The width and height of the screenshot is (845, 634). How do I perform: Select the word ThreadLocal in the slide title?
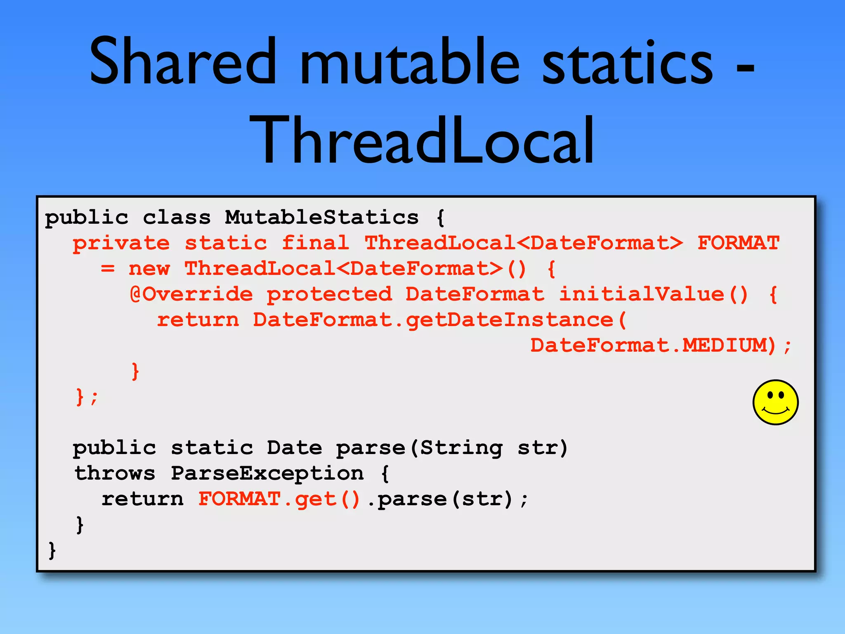(x=422, y=140)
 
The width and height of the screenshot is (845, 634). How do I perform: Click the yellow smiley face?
(x=775, y=402)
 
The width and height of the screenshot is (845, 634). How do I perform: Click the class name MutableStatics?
(x=321, y=218)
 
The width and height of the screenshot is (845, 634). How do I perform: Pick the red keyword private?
(x=121, y=243)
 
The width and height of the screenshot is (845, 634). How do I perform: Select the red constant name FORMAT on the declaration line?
(x=738, y=243)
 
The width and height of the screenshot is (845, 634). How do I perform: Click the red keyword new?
(x=149, y=269)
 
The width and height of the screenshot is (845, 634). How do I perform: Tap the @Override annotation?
(x=191, y=294)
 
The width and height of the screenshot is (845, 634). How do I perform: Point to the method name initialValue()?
(x=653, y=294)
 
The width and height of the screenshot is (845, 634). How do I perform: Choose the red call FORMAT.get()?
(x=279, y=499)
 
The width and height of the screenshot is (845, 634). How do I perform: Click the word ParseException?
(x=267, y=473)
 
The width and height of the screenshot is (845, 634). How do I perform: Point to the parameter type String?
(x=461, y=448)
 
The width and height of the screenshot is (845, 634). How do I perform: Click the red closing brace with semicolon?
(x=87, y=397)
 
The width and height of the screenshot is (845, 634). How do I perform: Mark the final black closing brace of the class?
(x=52, y=550)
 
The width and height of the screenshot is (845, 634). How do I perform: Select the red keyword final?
(x=315, y=243)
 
